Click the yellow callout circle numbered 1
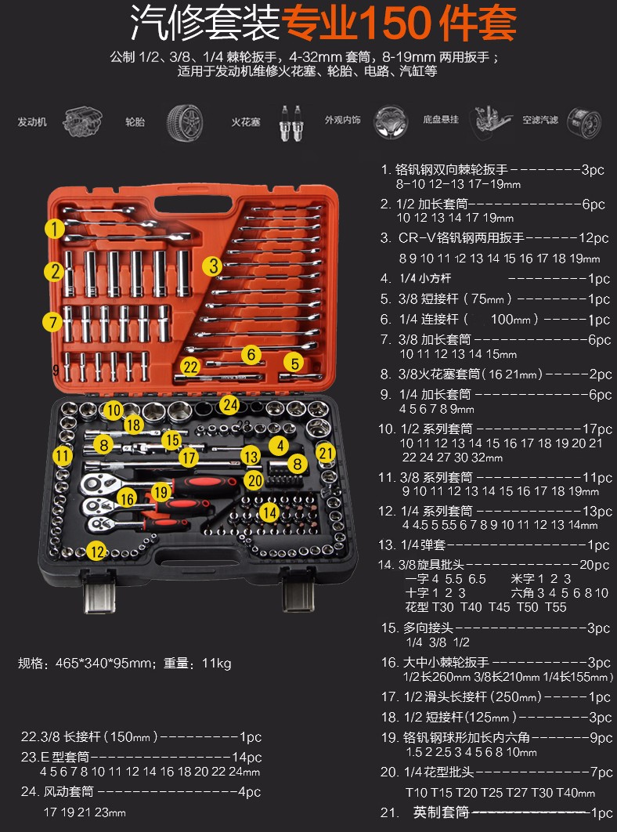pos(54,230)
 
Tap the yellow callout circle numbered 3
pos(212,266)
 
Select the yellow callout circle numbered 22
pos(190,367)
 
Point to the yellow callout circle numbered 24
pos(229,405)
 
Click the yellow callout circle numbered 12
pos(96,552)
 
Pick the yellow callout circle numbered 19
pos(161,493)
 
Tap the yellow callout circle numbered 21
pos(326,453)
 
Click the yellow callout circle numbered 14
pos(269,512)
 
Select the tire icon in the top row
pos(185,122)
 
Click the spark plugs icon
pos(290,122)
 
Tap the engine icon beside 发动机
pos(82,121)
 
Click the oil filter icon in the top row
pos(583,122)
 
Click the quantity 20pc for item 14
pos(594,565)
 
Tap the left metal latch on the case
pos(99,593)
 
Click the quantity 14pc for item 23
pos(247,758)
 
